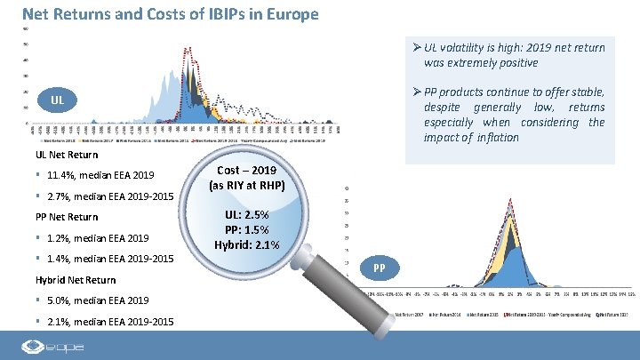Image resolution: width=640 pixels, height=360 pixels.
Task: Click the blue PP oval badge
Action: pyautogui.click(x=380, y=267)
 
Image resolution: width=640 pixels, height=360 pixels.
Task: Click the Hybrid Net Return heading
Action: pyautogui.click(x=76, y=280)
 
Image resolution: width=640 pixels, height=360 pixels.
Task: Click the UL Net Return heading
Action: pyautogui.click(x=67, y=155)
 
